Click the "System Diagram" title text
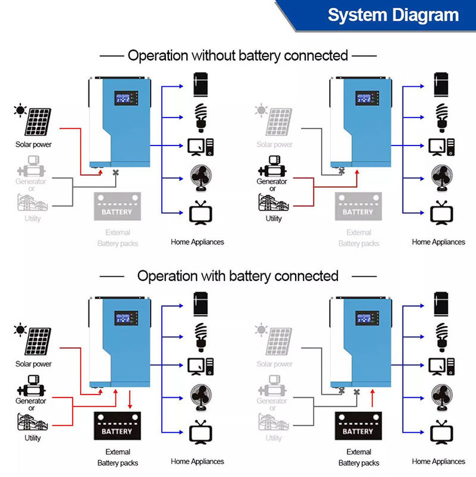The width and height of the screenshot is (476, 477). [393, 15]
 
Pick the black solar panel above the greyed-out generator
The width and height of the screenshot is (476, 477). [38, 122]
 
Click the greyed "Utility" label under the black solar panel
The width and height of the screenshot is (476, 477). [33, 219]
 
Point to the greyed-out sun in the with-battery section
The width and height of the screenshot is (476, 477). [261, 329]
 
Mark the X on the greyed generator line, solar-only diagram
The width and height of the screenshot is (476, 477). [116, 174]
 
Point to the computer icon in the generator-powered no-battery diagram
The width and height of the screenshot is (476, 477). [441, 145]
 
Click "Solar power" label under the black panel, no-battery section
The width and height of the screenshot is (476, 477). [33, 144]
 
